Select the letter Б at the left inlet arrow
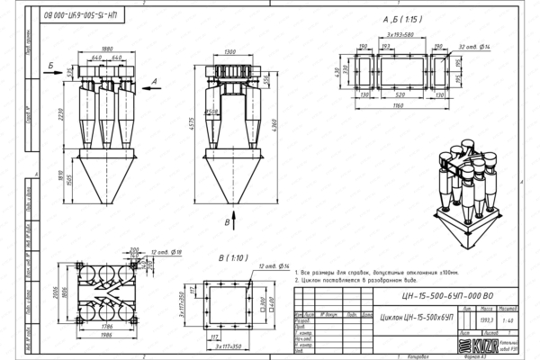click(x=52, y=65)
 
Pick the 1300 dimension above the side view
click(x=231, y=51)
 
